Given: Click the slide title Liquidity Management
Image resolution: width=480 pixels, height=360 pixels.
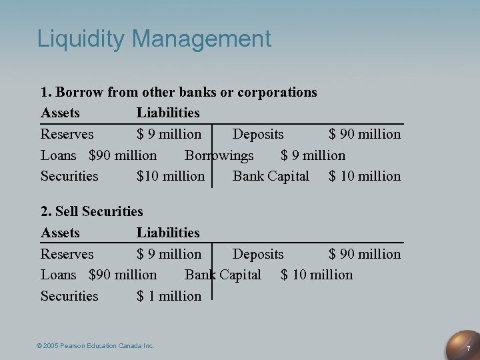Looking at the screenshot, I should [154, 39].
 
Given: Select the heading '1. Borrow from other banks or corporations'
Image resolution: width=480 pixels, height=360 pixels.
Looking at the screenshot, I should [179, 92].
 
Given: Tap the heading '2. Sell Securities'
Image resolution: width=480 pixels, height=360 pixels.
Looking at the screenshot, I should [92, 211].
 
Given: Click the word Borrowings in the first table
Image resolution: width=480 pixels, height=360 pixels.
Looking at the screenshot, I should [219, 155].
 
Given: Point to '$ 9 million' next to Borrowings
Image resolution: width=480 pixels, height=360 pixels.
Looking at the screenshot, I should [313, 155].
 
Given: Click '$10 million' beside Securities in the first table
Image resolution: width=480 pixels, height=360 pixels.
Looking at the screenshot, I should [170, 176].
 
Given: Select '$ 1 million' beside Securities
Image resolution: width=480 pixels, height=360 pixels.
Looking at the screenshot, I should [169, 295].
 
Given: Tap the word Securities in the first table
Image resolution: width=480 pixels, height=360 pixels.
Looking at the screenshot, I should [69, 176].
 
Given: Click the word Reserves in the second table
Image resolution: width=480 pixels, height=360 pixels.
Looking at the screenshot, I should [67, 254].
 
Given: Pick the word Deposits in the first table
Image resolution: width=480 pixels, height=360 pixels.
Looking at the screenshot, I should [257, 134].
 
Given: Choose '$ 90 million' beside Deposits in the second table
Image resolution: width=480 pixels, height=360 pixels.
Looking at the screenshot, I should [365, 254].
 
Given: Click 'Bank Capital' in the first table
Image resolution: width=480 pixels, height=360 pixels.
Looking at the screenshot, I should [271, 176].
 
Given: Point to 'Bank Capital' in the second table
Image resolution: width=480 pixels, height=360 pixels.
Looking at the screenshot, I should [223, 275].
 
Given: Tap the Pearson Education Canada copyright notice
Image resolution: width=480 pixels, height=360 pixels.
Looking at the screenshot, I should [95, 345].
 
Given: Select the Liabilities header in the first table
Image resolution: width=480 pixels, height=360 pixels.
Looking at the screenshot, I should [168, 113].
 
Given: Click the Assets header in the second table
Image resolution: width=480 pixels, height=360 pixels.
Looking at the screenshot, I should [60, 233].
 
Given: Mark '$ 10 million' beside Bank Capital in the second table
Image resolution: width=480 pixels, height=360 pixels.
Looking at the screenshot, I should [317, 275].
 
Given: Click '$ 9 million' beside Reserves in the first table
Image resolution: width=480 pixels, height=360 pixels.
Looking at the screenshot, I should [169, 134].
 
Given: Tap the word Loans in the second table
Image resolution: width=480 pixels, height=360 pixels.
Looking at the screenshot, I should [59, 275].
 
